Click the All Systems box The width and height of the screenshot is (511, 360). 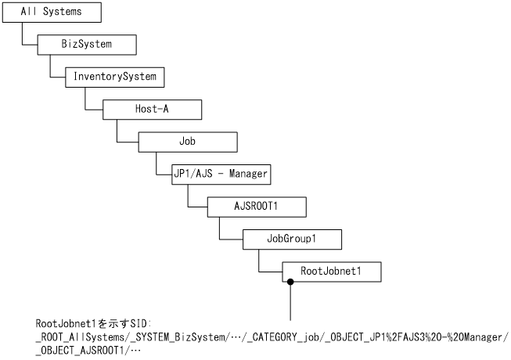51,13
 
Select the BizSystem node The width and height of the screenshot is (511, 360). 86,44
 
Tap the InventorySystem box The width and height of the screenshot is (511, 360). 114,77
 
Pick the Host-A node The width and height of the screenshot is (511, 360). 152,109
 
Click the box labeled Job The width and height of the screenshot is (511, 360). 187,142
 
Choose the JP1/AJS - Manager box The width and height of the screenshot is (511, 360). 221,174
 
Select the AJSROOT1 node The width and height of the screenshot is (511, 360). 256,207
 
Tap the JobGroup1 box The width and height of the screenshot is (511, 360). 291,239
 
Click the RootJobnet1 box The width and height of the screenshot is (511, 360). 331,272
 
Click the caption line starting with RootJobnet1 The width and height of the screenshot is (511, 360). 93,322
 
